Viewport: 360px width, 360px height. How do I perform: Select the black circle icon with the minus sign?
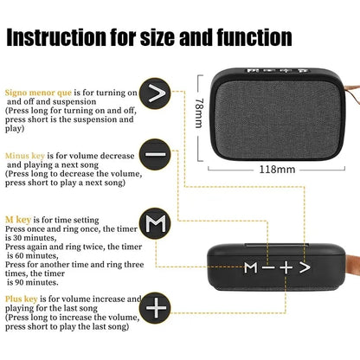[157, 156]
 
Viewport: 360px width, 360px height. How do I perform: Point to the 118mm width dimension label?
[274, 169]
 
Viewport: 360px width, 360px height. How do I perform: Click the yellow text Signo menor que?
[35, 92]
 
